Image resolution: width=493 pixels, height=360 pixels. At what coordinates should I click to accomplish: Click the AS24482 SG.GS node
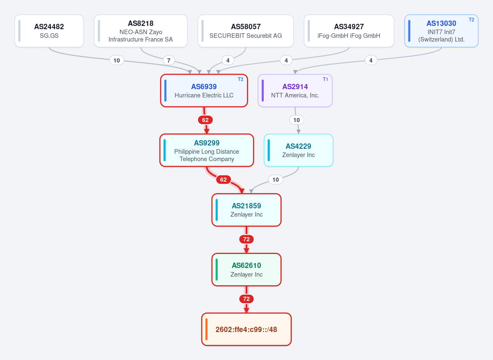[x=49, y=31]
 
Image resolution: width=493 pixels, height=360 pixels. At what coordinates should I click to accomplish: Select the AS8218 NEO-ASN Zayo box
[x=141, y=31]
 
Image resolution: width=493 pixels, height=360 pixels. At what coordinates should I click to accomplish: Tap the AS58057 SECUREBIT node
[x=246, y=31]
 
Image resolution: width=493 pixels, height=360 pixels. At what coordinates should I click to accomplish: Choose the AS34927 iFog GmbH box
[x=349, y=31]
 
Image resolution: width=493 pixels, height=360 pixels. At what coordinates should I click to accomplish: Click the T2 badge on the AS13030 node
[x=472, y=20]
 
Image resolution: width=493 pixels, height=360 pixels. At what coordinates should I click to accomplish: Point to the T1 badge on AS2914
[x=325, y=79]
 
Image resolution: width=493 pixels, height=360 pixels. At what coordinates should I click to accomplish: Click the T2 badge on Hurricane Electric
[x=241, y=79]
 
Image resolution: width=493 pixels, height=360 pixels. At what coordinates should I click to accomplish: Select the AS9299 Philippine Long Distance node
[x=207, y=150]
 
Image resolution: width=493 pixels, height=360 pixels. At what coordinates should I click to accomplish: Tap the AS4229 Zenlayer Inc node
[x=298, y=150]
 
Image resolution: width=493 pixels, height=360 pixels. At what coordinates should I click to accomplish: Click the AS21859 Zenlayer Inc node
[x=246, y=210]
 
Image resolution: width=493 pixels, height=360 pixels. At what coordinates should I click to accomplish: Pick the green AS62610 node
[x=246, y=270]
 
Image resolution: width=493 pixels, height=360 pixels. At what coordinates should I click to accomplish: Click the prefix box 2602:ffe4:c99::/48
[x=246, y=329]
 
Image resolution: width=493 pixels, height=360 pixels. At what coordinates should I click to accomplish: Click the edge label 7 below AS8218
[x=169, y=60]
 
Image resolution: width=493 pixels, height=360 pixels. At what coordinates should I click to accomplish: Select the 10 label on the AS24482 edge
[x=117, y=60]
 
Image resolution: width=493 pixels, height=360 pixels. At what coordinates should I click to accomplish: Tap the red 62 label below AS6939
[x=205, y=120]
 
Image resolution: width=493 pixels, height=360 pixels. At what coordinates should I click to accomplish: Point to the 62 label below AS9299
[x=223, y=180]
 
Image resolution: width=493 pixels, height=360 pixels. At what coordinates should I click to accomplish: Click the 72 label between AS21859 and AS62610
[x=246, y=239]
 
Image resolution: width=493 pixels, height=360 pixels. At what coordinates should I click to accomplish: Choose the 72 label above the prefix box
[x=246, y=299]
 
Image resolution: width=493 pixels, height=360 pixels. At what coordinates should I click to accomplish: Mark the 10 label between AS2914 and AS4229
[x=297, y=120]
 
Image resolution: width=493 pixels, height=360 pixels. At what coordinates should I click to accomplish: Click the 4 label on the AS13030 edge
[x=371, y=60]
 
